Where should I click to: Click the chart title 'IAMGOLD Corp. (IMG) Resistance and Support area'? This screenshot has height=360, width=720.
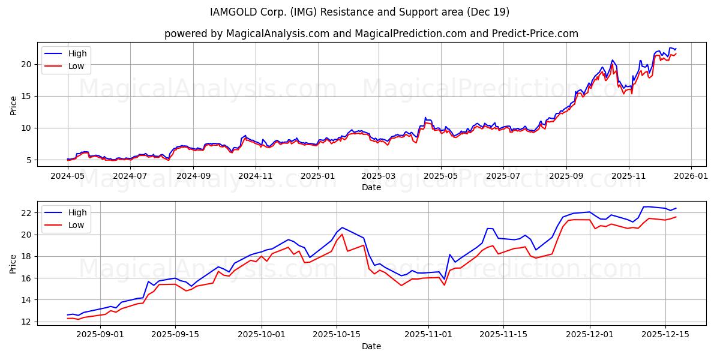click(359, 12)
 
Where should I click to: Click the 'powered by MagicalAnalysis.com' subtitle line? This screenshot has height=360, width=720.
click(371, 34)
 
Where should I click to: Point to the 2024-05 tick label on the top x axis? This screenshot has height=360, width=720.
click(68, 176)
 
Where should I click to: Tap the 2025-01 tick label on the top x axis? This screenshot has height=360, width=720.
click(317, 176)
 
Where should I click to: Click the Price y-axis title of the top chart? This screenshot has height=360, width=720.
click(13, 105)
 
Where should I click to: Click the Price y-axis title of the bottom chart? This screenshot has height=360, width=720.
click(13, 263)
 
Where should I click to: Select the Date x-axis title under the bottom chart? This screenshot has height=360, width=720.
click(371, 346)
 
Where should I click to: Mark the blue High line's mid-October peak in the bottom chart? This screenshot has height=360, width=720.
click(342, 227)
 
